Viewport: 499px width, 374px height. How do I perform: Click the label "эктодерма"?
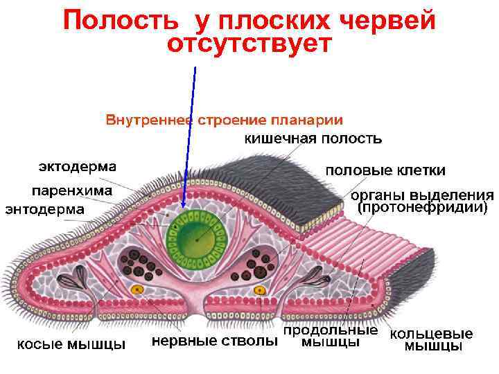[77, 166]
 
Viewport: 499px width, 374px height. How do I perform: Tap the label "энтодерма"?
[45, 208]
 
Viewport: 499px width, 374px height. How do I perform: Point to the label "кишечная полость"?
[313, 138]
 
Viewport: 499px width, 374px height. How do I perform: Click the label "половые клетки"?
[385, 170]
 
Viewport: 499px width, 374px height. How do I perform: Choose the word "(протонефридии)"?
[422, 207]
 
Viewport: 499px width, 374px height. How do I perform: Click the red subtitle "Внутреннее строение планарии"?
[225, 120]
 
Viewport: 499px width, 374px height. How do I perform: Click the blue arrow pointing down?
[189, 139]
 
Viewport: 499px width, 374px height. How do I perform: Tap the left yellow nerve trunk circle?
[138, 289]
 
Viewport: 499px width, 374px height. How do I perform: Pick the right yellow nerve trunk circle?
[260, 289]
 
